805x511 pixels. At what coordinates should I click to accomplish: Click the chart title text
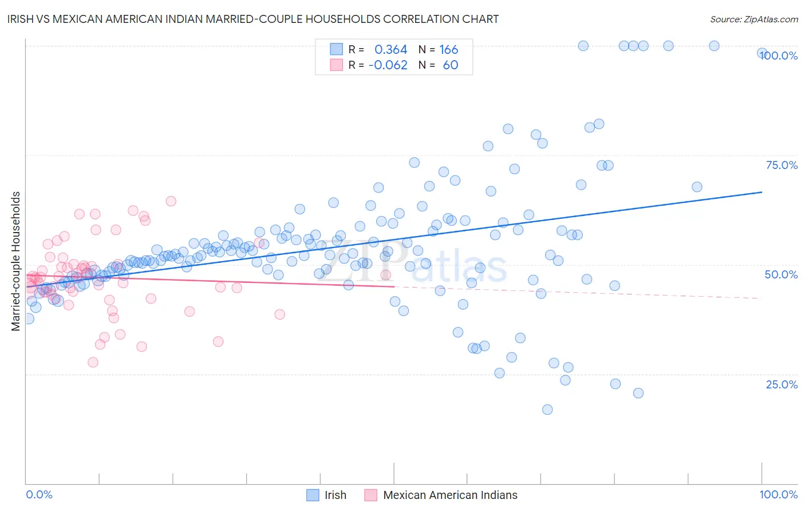click(x=249, y=19)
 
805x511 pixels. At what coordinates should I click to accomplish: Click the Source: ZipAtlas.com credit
click(x=753, y=19)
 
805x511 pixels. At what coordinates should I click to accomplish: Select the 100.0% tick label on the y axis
click(x=779, y=56)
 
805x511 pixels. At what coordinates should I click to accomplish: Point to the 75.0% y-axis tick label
click(x=782, y=165)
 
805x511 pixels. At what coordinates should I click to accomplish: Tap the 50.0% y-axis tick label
click(x=781, y=274)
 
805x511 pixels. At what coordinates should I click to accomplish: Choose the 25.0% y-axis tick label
click(x=782, y=384)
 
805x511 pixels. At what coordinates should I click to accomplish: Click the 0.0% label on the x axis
click(x=39, y=494)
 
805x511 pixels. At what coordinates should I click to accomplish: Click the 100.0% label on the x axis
click(x=778, y=494)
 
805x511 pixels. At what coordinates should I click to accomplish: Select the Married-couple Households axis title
click(x=16, y=261)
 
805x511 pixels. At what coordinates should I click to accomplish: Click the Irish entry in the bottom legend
click(x=335, y=495)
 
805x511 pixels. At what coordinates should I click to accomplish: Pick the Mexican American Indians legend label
click(x=450, y=495)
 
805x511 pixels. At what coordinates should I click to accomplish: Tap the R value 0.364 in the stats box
click(x=390, y=49)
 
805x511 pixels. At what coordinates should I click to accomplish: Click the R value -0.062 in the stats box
click(x=388, y=65)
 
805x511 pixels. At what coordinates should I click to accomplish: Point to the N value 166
click(x=448, y=49)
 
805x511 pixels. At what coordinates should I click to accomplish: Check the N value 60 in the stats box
click(x=450, y=65)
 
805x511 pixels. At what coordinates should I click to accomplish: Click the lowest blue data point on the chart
click(x=547, y=410)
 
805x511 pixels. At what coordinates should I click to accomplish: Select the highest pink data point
click(x=171, y=201)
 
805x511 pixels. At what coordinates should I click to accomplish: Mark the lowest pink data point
click(x=93, y=362)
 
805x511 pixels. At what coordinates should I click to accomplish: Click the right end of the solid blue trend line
click(x=761, y=192)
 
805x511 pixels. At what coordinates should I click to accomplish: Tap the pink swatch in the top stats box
click(x=337, y=65)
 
